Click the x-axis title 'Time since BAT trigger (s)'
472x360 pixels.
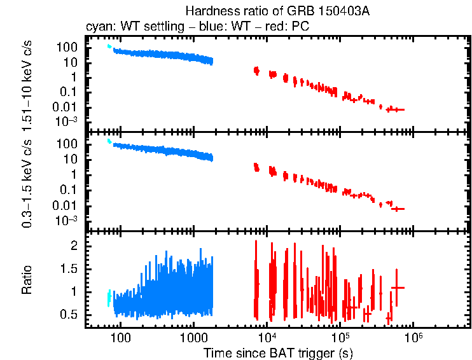(x=278, y=352)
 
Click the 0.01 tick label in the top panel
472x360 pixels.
(x=66, y=107)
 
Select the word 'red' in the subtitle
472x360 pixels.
(x=265, y=28)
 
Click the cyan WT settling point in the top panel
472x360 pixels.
(x=109, y=46)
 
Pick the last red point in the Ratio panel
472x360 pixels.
(x=398, y=287)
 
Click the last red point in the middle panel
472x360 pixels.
(x=398, y=209)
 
